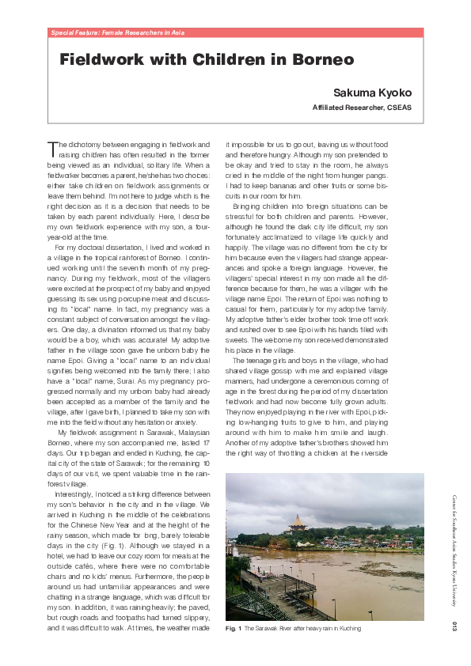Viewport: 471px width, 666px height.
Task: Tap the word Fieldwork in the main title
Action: tap(104, 60)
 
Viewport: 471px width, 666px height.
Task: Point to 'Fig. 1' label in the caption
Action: tap(234, 629)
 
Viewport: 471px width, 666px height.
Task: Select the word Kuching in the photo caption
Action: tap(349, 629)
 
